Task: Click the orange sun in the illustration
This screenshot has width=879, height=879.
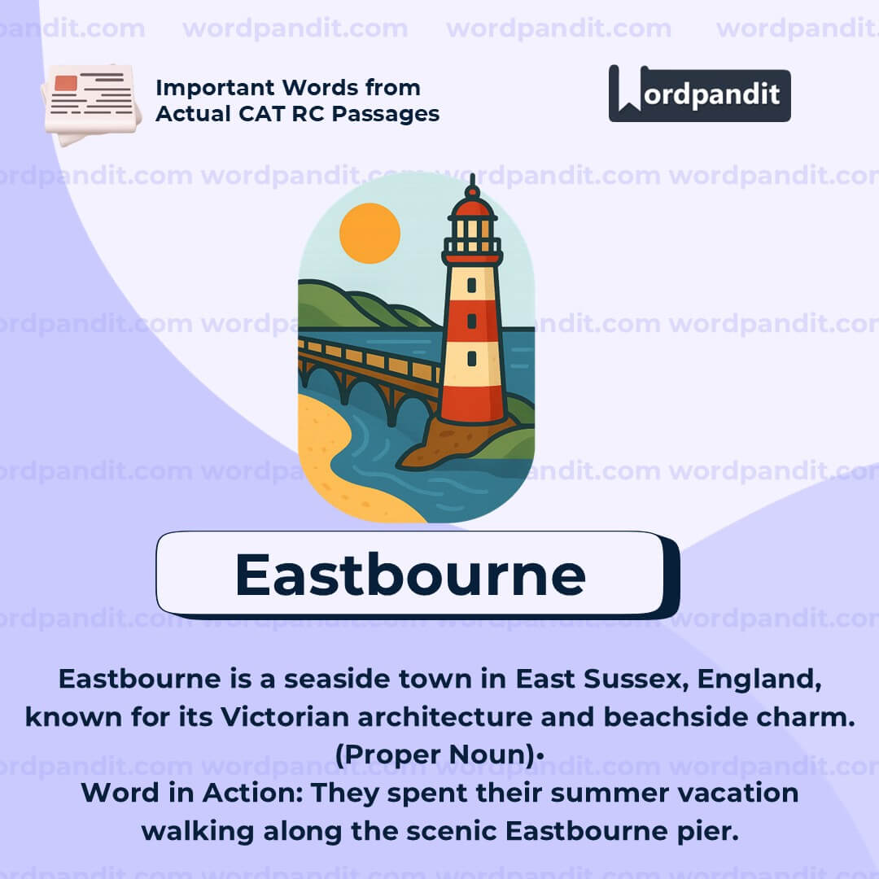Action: click(x=370, y=233)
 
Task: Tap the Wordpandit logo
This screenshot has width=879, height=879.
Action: click(x=699, y=94)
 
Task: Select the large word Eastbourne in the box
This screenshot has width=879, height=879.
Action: click(x=409, y=575)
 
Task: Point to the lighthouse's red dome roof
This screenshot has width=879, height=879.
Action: click(x=472, y=207)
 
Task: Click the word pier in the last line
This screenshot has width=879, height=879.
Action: click(x=709, y=830)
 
